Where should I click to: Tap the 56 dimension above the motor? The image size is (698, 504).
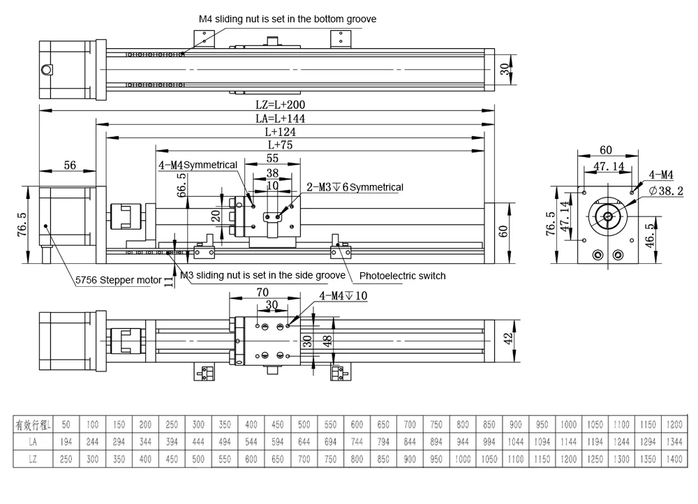tap(70, 165)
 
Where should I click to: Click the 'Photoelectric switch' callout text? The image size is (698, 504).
tap(402, 276)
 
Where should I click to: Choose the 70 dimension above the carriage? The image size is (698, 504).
tap(262, 293)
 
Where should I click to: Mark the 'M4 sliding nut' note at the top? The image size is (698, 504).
tap(286, 19)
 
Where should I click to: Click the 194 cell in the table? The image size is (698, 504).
tap(66, 441)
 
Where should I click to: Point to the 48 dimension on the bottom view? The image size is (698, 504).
tap(328, 340)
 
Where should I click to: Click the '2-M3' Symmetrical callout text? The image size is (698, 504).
tap(355, 187)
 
